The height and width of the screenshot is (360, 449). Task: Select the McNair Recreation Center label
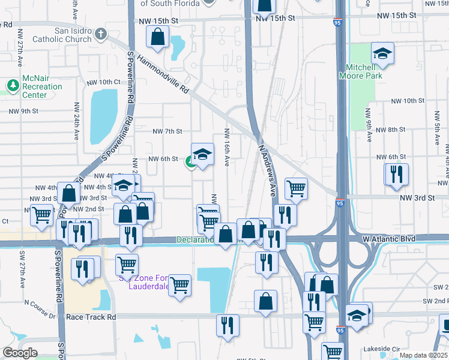(42, 87)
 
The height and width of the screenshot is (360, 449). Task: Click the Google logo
(19, 353)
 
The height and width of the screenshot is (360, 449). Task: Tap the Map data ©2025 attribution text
(423, 355)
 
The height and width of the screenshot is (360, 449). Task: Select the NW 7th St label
(167, 131)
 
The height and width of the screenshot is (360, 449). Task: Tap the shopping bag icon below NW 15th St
(157, 38)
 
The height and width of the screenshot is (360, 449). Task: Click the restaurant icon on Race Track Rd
(228, 326)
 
